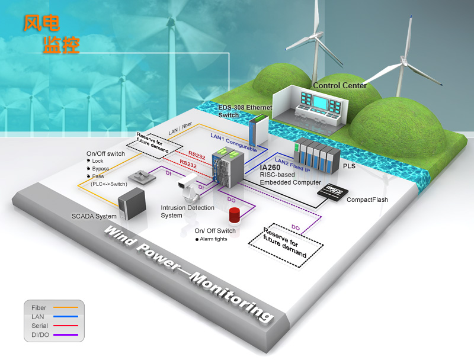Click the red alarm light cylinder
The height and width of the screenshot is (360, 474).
(234, 215)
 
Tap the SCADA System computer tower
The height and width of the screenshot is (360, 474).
(132, 203)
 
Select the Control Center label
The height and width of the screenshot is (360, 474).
(340, 85)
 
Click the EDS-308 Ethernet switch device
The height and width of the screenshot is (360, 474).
(258, 130)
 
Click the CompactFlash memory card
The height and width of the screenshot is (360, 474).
(332, 191)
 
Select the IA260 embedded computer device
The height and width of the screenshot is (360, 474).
(228, 166)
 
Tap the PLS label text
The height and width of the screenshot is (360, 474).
(349, 166)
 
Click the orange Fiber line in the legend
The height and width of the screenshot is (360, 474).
(66, 307)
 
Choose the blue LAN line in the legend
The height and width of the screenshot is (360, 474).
(66, 316)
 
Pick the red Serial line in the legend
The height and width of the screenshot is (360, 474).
(66, 326)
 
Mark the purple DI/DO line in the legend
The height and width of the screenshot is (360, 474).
(66, 335)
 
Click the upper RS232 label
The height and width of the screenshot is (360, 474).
(197, 155)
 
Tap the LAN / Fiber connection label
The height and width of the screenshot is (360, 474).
(180, 128)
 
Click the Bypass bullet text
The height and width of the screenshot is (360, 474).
(100, 169)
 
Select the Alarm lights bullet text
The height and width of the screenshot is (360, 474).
(213, 239)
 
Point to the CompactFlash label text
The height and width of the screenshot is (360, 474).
(367, 200)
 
